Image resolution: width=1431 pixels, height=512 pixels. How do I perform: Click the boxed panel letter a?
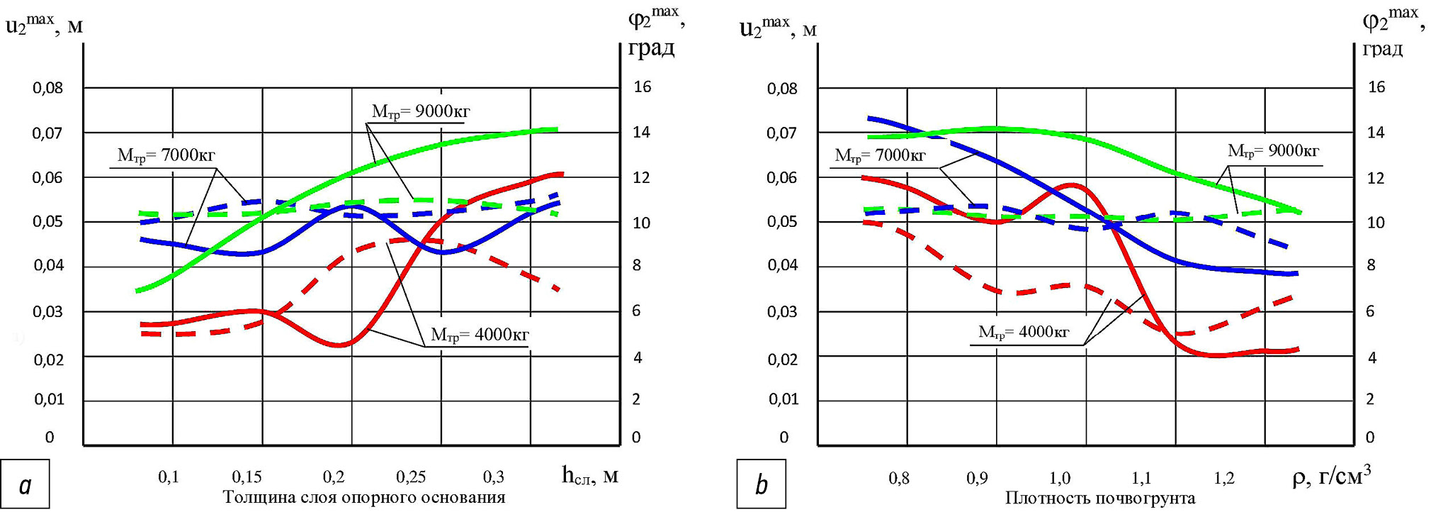(x=26, y=485)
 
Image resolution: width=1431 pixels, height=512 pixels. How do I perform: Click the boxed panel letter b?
(x=761, y=485)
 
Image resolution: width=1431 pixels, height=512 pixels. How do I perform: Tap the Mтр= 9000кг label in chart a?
(x=421, y=111)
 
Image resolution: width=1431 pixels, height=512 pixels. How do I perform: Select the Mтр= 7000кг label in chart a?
(x=166, y=155)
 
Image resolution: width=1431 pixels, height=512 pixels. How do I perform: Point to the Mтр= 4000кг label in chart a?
(x=480, y=335)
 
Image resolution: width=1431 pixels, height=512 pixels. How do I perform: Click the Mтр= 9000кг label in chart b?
(x=1273, y=150)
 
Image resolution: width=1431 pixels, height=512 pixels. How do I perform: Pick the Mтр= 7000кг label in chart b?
(x=880, y=155)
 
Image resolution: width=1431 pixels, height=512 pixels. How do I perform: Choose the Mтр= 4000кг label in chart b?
(x=1024, y=332)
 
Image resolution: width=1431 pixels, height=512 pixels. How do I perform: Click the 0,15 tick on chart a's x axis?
(x=247, y=477)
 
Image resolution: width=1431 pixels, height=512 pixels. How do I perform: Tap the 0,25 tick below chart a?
(x=411, y=477)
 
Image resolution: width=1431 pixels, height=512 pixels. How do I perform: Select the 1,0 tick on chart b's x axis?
(x=1060, y=478)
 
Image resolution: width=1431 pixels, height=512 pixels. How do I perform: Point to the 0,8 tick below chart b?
(x=899, y=478)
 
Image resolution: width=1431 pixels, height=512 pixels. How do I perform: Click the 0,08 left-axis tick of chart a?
(x=47, y=88)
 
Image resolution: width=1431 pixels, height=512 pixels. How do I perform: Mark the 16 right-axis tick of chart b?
(x=1376, y=87)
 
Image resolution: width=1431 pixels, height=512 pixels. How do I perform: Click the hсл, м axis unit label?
(x=590, y=475)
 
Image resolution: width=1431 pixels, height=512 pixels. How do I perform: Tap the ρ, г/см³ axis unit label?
(x=1331, y=476)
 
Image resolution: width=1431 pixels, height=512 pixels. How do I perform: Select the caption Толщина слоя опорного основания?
(x=364, y=497)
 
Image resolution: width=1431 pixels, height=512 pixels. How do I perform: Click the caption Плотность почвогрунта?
(x=1100, y=499)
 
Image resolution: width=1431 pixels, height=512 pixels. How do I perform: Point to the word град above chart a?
(x=651, y=48)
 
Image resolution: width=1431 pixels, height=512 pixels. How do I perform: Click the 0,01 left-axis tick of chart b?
(x=782, y=399)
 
